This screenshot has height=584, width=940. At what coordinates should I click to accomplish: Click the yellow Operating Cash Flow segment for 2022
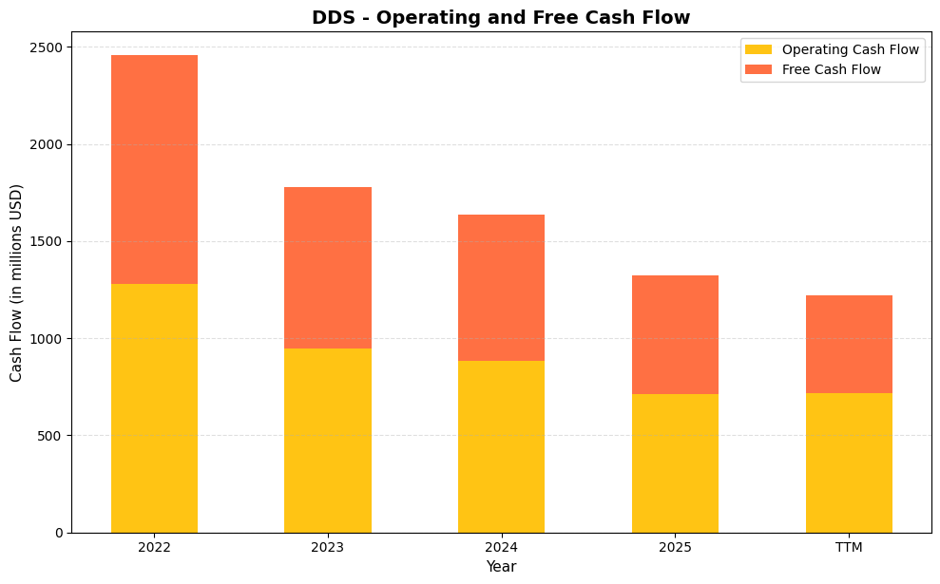154,408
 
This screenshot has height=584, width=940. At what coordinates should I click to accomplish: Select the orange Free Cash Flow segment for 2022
154,169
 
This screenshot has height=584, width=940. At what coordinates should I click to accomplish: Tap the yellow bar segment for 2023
328,441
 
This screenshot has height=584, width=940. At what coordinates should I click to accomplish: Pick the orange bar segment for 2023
328,268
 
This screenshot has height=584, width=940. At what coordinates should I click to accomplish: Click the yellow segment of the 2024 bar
501,446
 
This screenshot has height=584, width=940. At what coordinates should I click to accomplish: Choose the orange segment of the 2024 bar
501,288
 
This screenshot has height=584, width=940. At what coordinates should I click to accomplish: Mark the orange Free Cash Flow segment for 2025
675,334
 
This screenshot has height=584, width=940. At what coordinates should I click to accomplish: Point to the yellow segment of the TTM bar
849,462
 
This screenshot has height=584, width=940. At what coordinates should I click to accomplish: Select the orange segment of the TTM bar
849,344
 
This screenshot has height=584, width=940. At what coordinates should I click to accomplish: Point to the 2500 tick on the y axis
51,47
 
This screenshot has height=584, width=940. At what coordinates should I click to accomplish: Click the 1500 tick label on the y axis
51,241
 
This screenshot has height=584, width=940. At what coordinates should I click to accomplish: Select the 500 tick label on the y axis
55,436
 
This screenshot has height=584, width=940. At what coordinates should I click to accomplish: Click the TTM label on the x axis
849,548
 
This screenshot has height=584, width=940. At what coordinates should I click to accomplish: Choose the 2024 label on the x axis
501,548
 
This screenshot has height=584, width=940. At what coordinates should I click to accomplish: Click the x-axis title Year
501,567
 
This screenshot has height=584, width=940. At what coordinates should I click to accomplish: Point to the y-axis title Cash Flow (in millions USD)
17,283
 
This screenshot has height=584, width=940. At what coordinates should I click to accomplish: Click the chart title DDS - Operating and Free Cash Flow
501,17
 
